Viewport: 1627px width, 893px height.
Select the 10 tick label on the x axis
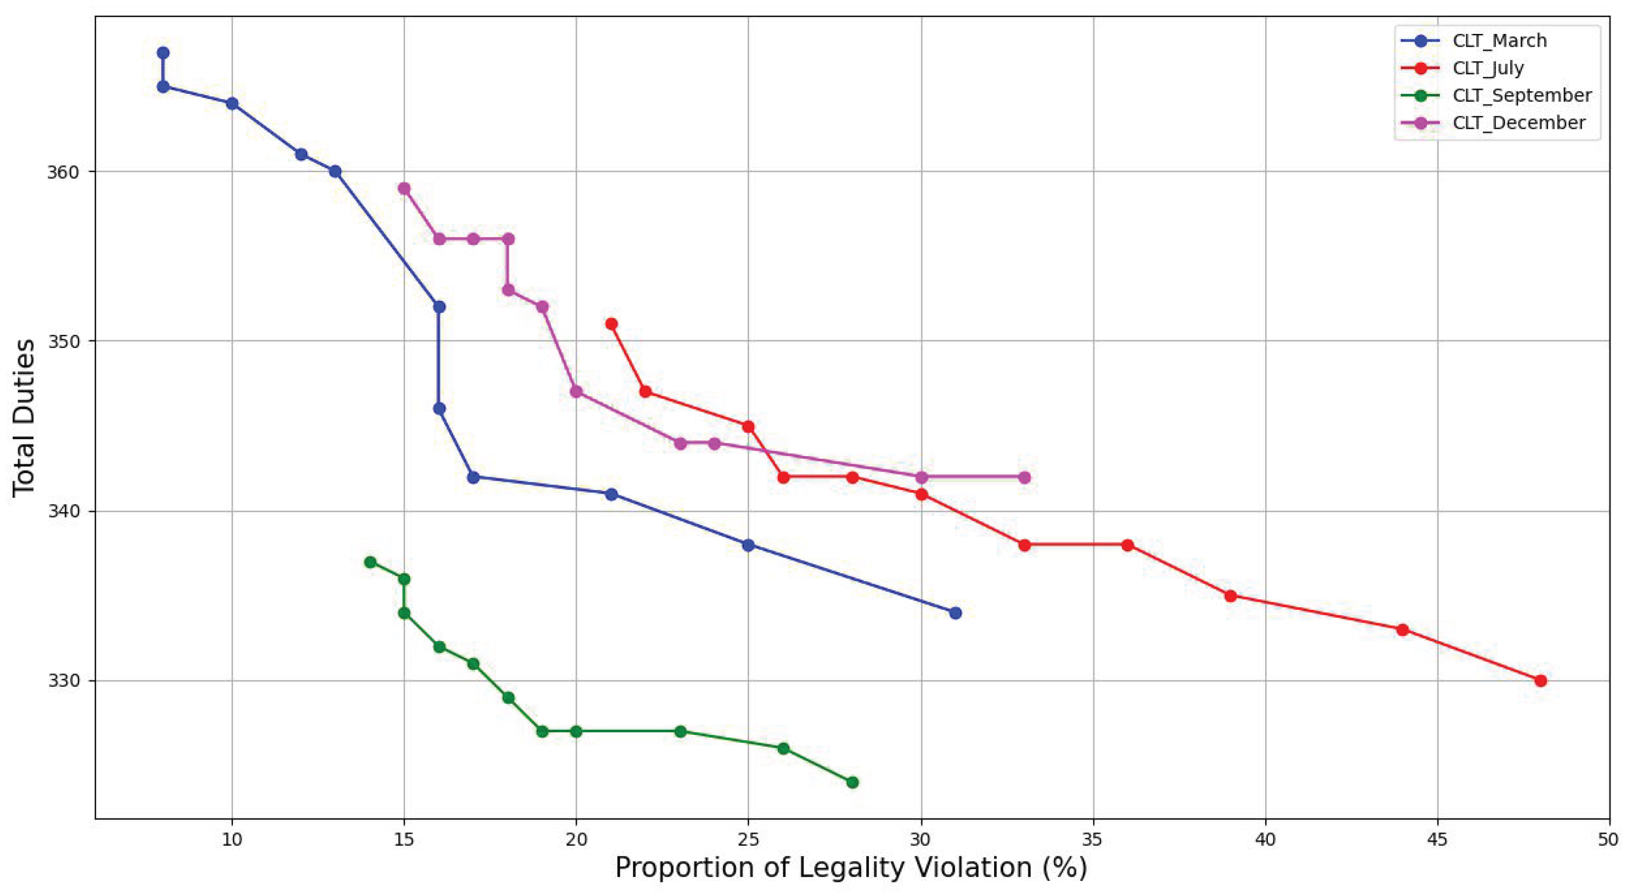232,840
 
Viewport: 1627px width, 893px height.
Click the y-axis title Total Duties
24,418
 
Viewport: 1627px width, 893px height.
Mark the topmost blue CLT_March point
163,52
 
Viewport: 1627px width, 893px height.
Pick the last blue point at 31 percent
955,612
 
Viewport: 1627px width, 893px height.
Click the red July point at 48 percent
1541,681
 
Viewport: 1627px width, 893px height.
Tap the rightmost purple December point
1024,477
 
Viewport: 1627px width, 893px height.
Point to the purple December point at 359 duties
404,188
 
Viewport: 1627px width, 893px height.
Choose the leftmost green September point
370,562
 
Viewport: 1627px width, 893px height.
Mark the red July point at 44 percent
1403,629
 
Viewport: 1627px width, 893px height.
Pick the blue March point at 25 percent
749,545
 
